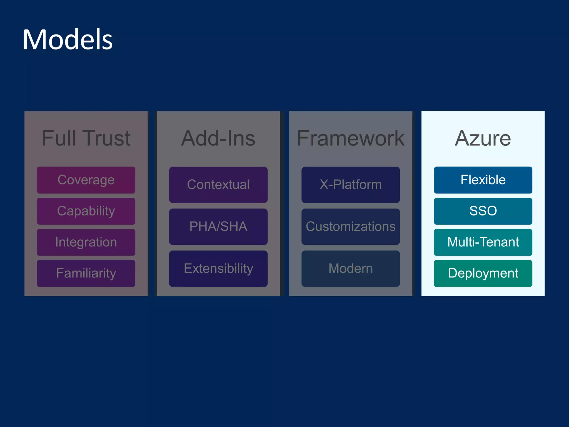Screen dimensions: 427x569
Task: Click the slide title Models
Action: point(68,40)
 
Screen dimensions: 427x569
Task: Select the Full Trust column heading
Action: point(86,138)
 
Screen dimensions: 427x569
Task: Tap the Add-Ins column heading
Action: point(218,138)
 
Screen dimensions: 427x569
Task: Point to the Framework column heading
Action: point(351,138)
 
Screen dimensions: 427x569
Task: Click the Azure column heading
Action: point(483,138)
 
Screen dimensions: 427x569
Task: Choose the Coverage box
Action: point(86,180)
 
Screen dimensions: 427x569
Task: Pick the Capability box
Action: point(86,211)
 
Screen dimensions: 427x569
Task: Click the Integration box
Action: point(86,242)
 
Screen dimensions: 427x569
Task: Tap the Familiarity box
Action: point(86,273)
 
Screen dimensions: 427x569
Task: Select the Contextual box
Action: point(218,185)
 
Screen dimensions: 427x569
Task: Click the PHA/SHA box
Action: point(218,227)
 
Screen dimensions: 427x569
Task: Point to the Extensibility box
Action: point(218,269)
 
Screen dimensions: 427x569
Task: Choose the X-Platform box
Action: point(351,185)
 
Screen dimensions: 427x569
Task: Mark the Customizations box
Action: point(351,227)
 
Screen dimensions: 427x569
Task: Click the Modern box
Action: point(351,269)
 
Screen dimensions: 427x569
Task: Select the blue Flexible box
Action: point(483,180)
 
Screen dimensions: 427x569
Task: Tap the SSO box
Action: point(483,211)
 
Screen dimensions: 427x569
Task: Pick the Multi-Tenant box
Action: point(483,242)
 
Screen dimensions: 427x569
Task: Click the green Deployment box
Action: point(483,273)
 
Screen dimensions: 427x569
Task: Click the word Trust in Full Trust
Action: point(107,138)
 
